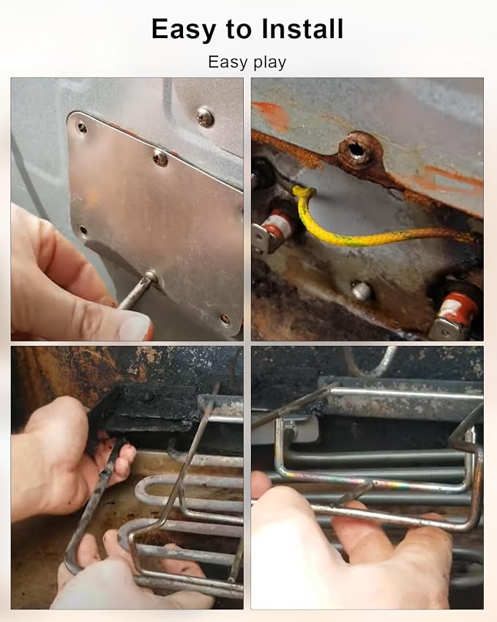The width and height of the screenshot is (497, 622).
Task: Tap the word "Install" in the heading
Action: click(302, 29)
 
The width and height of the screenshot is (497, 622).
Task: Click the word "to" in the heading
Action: click(239, 29)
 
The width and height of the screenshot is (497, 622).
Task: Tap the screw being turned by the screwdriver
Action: click(151, 276)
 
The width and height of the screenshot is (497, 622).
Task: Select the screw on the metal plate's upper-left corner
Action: click(82, 127)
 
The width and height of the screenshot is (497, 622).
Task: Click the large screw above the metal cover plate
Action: click(205, 116)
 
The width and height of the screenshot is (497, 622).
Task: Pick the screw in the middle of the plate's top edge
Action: click(160, 158)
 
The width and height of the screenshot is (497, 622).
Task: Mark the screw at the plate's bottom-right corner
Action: click(225, 319)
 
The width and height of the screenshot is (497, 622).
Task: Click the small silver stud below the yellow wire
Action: click(362, 291)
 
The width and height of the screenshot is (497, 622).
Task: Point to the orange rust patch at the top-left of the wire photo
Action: click(271, 116)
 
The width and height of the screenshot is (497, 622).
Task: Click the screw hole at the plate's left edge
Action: click(83, 230)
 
